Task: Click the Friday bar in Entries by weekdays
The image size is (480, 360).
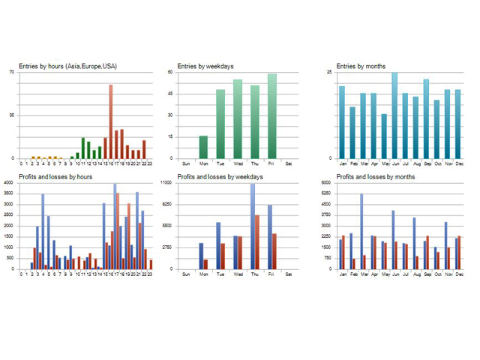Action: click(x=271, y=116)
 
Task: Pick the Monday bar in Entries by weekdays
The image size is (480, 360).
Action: click(x=203, y=147)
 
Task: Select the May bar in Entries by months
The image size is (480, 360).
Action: click(x=384, y=136)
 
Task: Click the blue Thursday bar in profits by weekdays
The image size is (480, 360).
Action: click(x=253, y=226)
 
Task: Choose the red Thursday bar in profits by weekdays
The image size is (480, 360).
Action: click(x=257, y=241)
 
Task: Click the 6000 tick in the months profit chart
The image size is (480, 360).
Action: click(x=325, y=183)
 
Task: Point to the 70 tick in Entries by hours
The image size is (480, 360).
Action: click(x=11, y=72)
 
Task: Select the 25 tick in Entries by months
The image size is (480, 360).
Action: click(x=328, y=72)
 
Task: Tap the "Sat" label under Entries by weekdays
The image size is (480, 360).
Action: click(x=289, y=163)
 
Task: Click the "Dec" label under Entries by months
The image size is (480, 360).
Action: click(x=458, y=163)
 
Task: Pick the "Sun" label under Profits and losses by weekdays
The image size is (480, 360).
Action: click(x=186, y=274)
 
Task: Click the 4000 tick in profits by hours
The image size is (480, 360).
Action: click(x=8, y=183)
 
